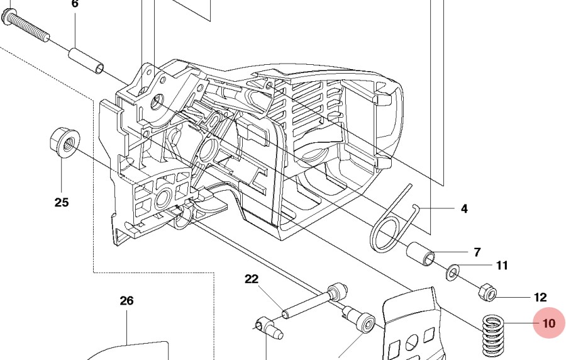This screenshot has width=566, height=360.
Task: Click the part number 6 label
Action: (75, 4)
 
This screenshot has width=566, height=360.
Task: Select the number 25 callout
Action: (61, 202)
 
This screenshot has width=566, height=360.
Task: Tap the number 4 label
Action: (464, 208)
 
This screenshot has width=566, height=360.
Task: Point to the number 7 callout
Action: (477, 252)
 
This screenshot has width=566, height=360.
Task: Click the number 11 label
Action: (502, 266)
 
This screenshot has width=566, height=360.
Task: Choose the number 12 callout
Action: (540, 297)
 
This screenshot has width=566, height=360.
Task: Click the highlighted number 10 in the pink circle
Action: (549, 323)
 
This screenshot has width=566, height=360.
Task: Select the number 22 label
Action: (252, 279)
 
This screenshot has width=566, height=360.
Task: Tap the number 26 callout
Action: (126, 301)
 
